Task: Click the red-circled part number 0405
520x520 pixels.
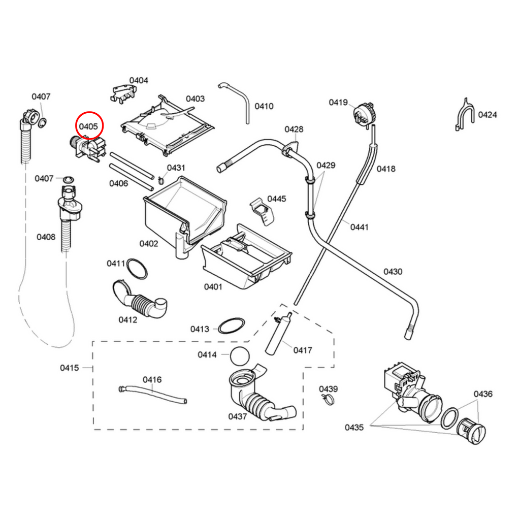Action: tap(88, 126)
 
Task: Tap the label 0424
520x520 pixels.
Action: tap(487, 115)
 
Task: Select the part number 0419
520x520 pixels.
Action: tap(338, 103)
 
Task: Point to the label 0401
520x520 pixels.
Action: tap(213, 287)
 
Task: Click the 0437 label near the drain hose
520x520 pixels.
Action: tap(237, 416)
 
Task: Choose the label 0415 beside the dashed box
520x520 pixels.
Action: tap(70, 368)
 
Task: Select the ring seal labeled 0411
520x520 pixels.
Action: tap(137, 269)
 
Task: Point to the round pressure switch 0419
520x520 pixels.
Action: tap(364, 113)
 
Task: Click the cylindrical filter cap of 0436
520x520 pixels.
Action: tap(472, 432)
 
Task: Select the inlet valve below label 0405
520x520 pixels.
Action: tap(88, 148)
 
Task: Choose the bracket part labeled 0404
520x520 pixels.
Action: tap(124, 93)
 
